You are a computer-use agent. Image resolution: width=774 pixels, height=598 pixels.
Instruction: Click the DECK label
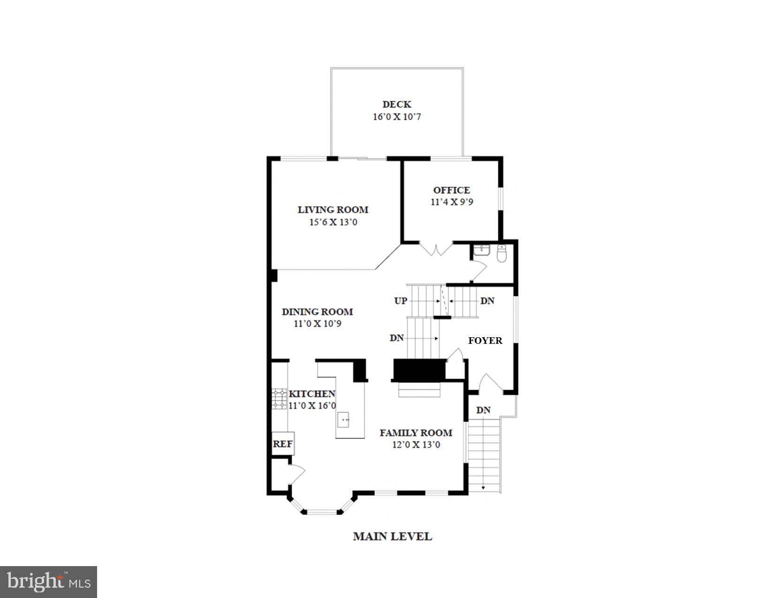pyautogui.click(x=397, y=104)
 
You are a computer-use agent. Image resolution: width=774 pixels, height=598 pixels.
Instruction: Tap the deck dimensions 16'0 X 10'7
pyautogui.click(x=397, y=117)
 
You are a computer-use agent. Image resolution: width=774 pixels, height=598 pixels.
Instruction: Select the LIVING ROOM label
pyautogui.click(x=333, y=210)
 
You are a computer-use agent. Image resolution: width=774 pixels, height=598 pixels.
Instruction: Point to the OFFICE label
pyautogui.click(x=452, y=190)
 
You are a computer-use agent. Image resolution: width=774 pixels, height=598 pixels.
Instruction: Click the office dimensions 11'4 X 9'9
pyautogui.click(x=452, y=202)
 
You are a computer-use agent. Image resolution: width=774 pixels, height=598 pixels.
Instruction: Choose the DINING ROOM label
pyautogui.click(x=318, y=311)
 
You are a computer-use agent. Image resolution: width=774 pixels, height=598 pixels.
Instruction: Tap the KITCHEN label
pyautogui.click(x=312, y=394)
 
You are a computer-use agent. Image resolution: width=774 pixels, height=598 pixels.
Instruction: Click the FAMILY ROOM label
pyautogui.click(x=416, y=432)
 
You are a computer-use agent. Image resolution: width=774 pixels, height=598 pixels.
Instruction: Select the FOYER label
pyautogui.click(x=486, y=341)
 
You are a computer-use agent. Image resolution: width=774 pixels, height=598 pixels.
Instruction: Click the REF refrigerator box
pyautogui.click(x=283, y=444)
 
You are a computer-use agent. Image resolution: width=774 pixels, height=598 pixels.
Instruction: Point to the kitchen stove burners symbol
pyautogui.click(x=279, y=399)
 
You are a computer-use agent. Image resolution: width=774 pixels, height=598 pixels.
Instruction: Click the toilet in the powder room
pyautogui.click(x=502, y=254)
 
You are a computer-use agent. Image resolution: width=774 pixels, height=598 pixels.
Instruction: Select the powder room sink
pyautogui.click(x=481, y=250)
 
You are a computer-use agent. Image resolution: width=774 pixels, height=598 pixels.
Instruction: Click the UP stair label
pyautogui.click(x=401, y=301)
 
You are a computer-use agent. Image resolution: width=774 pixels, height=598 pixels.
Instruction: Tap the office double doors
pyautogui.click(x=436, y=250)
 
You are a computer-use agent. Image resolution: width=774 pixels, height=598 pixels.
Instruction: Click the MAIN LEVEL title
pyautogui.click(x=393, y=536)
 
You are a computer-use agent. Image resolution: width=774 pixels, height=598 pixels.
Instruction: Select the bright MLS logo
pyautogui.click(x=48, y=582)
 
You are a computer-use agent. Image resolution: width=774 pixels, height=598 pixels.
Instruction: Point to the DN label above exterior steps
pyautogui.click(x=484, y=410)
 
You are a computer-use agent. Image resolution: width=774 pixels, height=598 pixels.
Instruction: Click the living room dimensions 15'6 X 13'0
pyautogui.click(x=333, y=222)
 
